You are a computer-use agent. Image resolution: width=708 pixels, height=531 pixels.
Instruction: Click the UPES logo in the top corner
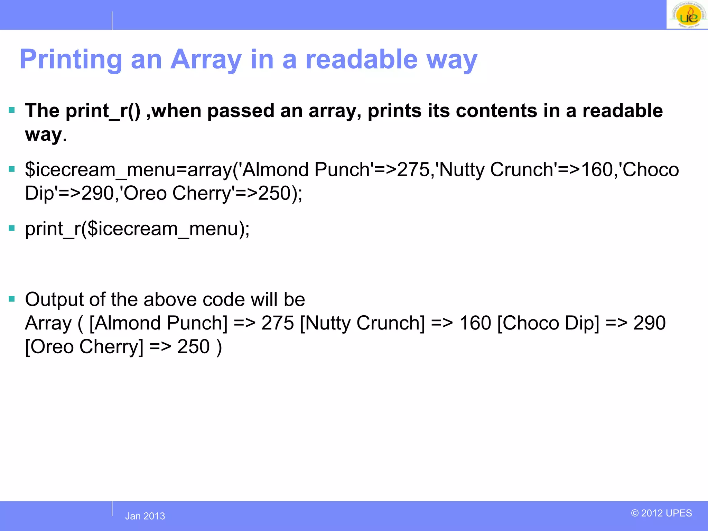(x=688, y=15)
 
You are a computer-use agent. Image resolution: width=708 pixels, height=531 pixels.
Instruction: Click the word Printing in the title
(x=71, y=59)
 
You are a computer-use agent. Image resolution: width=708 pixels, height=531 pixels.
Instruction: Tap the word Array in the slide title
(x=206, y=59)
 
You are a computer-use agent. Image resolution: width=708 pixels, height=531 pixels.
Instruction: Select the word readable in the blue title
(x=362, y=59)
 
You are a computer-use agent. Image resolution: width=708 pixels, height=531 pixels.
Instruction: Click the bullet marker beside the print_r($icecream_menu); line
(x=12, y=228)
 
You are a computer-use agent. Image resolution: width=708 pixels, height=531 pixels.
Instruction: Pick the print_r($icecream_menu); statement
(x=137, y=229)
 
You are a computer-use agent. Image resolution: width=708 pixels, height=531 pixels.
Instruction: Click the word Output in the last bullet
(x=54, y=299)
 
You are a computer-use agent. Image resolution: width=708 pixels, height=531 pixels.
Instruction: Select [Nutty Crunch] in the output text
(x=362, y=323)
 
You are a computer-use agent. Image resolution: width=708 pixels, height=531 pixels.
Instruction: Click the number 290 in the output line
(x=649, y=323)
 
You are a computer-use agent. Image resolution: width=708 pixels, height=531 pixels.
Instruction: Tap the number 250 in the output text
(x=193, y=347)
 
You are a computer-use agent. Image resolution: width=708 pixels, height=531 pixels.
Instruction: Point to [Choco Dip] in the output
(x=548, y=323)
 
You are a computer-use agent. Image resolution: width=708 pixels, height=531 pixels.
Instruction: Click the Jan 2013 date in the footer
(x=145, y=516)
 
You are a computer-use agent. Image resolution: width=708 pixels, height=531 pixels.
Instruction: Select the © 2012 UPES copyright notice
(x=661, y=513)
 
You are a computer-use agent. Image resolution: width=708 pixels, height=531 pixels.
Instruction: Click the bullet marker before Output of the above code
(x=12, y=299)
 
